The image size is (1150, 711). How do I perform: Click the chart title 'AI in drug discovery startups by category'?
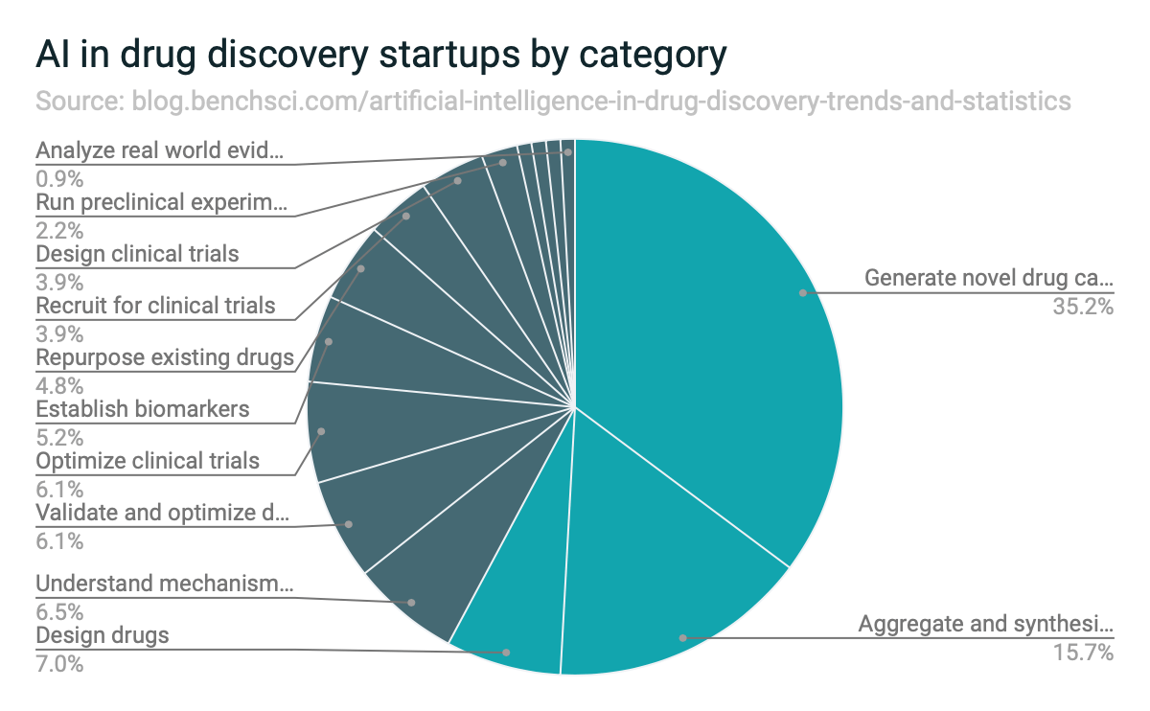coord(380,56)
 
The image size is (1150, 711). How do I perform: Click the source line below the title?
coord(553,102)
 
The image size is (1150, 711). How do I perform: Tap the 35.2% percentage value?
coord(1086,307)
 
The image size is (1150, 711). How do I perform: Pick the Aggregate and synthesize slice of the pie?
coord(661,585)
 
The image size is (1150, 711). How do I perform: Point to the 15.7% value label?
coord(1086,654)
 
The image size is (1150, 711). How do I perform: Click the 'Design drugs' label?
coord(103,635)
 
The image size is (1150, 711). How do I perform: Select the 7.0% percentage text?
coord(59,662)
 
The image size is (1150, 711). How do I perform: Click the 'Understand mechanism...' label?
coord(164,584)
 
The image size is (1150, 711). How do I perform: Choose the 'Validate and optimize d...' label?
coord(162,513)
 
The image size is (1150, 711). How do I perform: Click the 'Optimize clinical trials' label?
coord(148,461)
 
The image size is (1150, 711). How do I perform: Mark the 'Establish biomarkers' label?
coord(143,409)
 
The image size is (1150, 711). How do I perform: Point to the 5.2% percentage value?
coord(59,437)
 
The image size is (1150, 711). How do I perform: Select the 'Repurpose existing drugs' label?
coord(165,357)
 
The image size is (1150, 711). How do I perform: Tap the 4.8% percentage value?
coord(59,385)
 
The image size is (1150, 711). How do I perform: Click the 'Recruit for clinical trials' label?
coord(155,306)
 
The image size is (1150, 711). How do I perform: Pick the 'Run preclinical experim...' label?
coord(161,202)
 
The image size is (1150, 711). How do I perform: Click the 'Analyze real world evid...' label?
coord(160,150)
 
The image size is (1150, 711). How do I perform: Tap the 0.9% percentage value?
coord(59,178)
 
